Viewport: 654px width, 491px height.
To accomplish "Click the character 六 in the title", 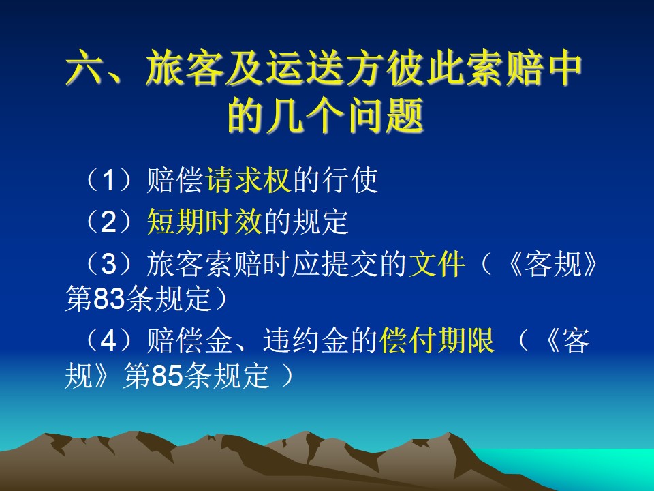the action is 83,68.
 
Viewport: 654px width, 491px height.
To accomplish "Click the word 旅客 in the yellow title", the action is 185,68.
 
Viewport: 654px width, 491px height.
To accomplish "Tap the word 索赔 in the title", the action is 505,68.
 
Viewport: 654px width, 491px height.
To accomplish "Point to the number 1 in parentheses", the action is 108,180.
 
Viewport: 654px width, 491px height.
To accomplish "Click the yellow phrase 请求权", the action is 248,180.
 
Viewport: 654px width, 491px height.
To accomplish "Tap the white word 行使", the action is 349,180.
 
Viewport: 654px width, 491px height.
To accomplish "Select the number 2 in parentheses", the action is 108,222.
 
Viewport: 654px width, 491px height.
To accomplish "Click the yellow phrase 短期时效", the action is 204,222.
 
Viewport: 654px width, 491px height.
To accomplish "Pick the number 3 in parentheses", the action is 108,264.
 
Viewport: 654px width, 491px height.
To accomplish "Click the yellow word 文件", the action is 437,264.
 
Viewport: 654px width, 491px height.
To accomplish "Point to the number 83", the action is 109,299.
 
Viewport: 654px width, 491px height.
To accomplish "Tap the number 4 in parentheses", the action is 108,340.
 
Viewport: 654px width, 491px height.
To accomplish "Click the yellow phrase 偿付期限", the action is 437,340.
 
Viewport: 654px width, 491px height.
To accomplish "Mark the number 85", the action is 168,376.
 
